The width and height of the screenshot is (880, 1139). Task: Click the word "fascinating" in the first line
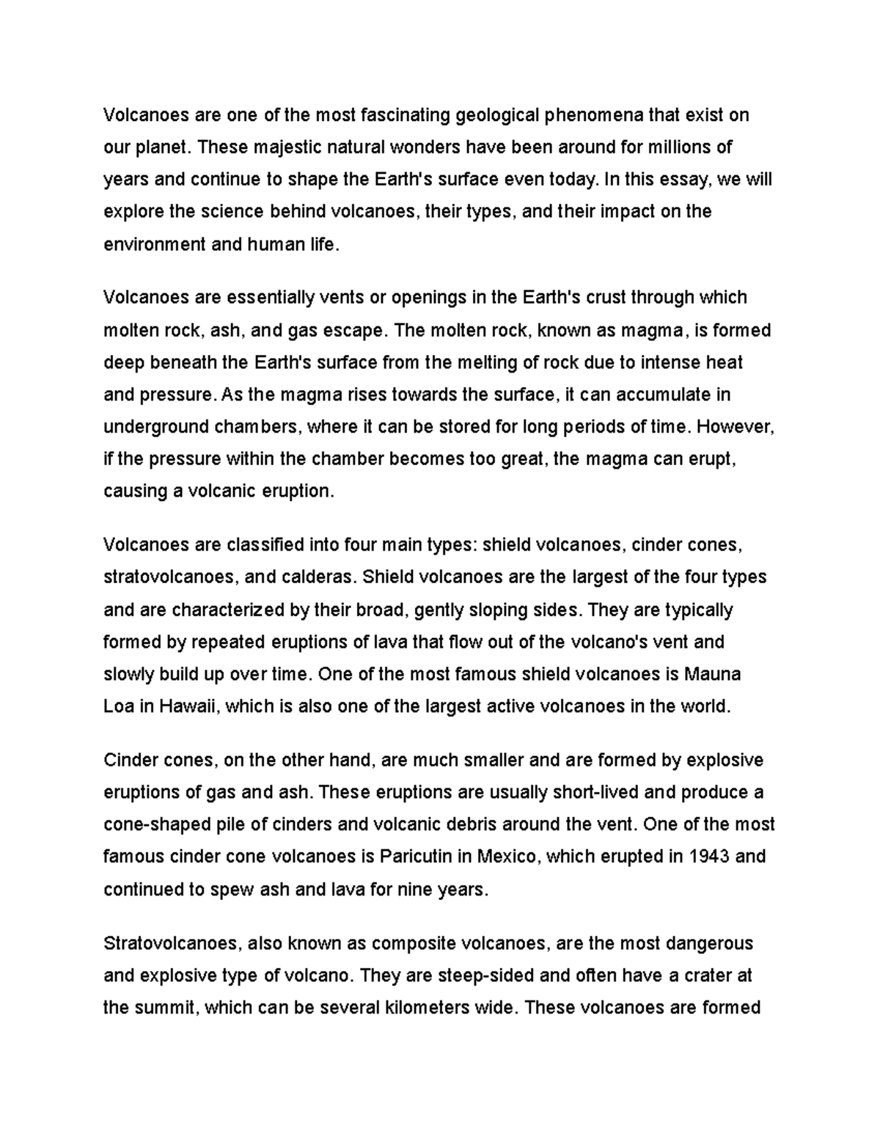[x=406, y=115]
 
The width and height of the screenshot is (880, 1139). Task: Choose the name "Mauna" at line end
[x=711, y=674]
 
